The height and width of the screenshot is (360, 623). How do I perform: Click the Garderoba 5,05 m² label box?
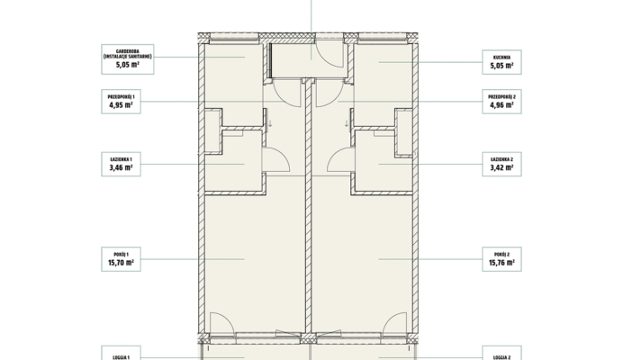tap(128, 59)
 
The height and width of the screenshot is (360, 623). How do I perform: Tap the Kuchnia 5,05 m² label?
tap(501, 62)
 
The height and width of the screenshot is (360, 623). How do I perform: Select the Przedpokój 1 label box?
tap(122, 102)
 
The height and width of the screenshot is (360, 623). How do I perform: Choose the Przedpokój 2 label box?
tap(501, 102)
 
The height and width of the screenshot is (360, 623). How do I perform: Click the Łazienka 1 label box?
tap(122, 164)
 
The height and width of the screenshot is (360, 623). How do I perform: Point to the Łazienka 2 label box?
tap(501, 164)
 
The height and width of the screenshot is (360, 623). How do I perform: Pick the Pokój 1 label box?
tap(122, 259)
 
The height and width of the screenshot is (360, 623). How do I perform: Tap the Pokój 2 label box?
tap(501, 259)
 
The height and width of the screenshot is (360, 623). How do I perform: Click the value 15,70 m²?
tap(122, 263)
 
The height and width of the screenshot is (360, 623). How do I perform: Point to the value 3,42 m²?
tap(501, 167)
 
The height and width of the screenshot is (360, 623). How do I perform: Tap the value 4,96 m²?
tap(501, 105)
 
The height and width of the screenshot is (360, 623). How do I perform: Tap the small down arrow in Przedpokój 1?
tap(270, 123)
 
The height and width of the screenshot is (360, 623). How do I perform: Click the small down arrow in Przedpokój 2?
tap(347, 123)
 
